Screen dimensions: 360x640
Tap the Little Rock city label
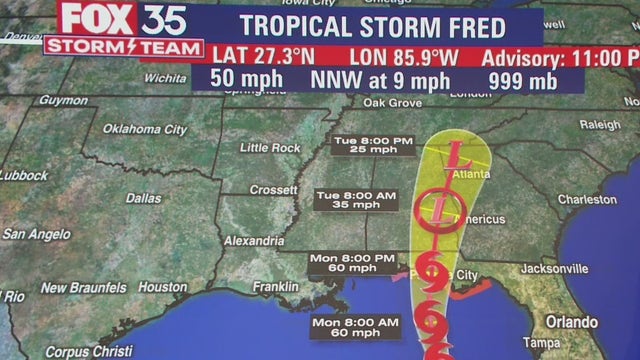[x=271, y=148]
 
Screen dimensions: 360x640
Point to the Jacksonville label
[x=554, y=270]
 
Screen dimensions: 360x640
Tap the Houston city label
[x=163, y=286]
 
